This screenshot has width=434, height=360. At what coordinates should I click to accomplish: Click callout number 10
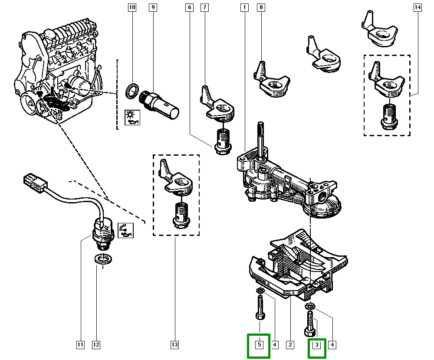pos(132,7)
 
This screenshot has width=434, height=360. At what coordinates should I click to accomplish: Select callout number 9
pos(152,7)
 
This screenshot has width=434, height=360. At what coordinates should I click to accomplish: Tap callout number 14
pos(418,7)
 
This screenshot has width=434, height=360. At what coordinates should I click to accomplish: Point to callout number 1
pos(245,7)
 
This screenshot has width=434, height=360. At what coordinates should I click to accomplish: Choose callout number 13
pos(174,345)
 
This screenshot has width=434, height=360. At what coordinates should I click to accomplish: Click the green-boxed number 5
pos(259,345)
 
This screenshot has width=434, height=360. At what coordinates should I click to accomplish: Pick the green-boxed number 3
pos(317,345)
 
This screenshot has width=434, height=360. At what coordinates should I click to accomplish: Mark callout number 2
pos(289,345)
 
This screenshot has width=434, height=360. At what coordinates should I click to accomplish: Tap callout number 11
pos(80,345)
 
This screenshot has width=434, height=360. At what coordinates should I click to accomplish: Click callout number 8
pos(261,7)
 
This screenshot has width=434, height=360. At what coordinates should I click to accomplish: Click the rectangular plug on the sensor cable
pos(33,181)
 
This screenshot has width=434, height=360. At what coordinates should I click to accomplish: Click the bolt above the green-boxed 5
pos(260,308)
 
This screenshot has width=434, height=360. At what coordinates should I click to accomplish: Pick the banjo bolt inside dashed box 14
pos(388,116)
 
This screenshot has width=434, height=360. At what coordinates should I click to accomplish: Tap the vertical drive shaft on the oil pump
pos(261,139)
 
